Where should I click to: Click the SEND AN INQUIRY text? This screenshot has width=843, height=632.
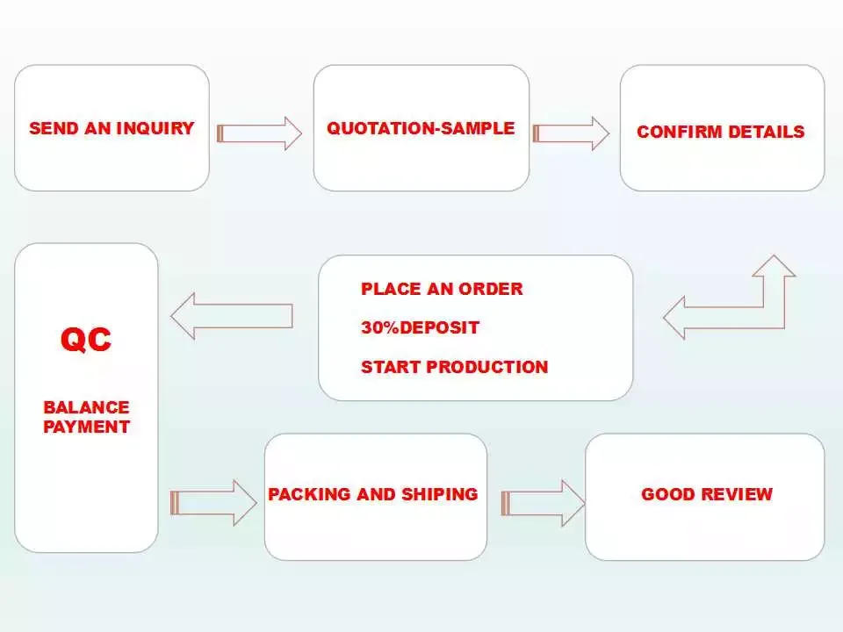click(x=112, y=128)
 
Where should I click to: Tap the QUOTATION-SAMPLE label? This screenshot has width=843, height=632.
click(x=421, y=128)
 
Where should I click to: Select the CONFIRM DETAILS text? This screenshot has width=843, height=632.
click(x=720, y=132)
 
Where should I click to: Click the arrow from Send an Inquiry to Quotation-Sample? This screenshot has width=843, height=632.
click(x=259, y=133)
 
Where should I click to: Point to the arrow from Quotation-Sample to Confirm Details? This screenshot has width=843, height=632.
click(x=571, y=133)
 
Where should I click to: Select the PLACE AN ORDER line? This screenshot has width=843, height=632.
click(x=442, y=289)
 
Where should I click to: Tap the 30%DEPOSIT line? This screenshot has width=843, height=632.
click(x=420, y=327)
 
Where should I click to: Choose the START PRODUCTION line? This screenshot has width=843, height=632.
click(x=455, y=367)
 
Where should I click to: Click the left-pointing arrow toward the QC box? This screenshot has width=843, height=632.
click(x=232, y=316)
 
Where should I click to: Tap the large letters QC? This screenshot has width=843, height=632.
click(x=86, y=340)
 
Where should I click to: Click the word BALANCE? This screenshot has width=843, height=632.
click(x=87, y=407)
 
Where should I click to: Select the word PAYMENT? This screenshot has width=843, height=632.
click(x=87, y=427)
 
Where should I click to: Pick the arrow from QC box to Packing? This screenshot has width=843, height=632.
click(x=213, y=503)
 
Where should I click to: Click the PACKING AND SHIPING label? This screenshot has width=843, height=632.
click(x=373, y=494)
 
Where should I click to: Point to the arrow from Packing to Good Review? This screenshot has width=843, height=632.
click(x=543, y=503)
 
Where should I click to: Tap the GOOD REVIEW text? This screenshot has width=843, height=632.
click(x=707, y=494)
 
